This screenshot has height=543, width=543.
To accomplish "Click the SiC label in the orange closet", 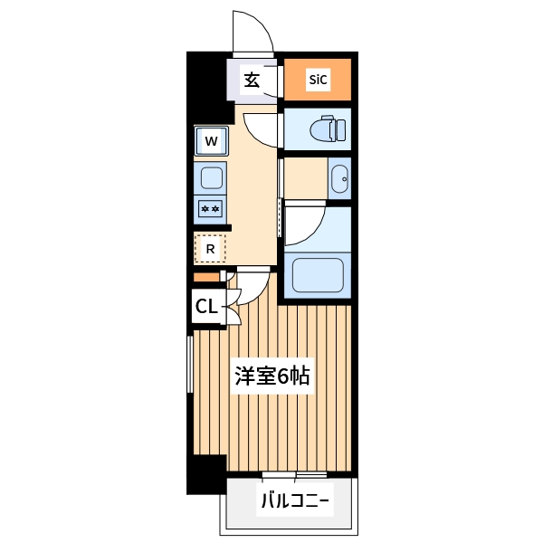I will point(318,80).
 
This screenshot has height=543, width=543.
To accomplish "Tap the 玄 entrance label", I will point(252,80).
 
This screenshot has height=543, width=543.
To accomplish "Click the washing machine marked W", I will point(211,140).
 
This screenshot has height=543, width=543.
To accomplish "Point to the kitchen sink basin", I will point(211,177).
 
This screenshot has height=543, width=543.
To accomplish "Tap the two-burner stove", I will point(211,208).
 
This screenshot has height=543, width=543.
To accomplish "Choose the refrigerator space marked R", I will point(210,248).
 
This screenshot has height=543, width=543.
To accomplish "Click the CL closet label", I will point(206,307).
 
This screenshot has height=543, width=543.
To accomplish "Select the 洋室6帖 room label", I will point(272,376).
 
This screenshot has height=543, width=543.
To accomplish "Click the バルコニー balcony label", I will point(294,500).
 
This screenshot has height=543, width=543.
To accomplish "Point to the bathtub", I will point(316,274).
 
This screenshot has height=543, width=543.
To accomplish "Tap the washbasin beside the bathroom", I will point(339,178).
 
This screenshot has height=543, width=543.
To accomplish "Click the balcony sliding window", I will point(294,474).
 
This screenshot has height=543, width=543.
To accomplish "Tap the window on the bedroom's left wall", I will point(189,362).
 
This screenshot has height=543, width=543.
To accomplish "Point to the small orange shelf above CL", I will point(206,277).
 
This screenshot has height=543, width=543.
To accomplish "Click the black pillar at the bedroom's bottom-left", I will point(205,474).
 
